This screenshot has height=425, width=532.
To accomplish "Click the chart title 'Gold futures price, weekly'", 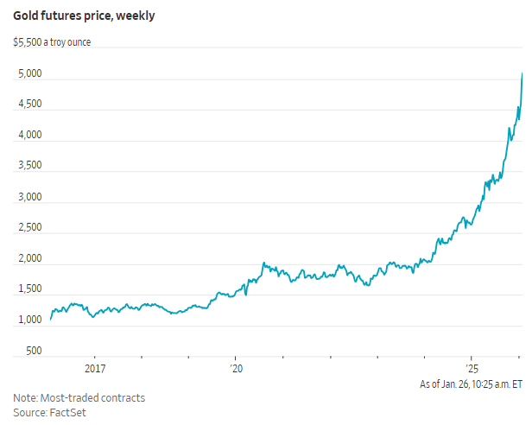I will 83,16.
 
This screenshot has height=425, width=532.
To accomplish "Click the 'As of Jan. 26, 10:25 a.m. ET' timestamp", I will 471,384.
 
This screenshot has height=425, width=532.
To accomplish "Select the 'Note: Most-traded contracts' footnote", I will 79,398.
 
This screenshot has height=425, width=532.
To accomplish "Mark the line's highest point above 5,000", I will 522,73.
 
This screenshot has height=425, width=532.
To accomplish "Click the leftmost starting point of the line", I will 51,320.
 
